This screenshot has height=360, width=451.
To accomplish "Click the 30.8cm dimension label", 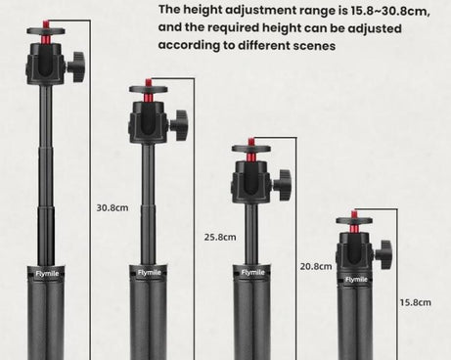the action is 113,207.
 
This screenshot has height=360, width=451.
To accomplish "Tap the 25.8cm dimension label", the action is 220,237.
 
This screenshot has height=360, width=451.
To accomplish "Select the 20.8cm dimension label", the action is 316,266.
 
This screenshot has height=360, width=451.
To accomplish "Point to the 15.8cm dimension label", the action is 416,302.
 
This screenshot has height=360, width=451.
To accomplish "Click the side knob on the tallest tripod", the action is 77,67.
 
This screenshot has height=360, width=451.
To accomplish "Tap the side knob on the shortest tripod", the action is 383,250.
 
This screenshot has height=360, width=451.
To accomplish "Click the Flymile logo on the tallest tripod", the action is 47,273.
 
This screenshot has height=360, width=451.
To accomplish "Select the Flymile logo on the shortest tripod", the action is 356,280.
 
